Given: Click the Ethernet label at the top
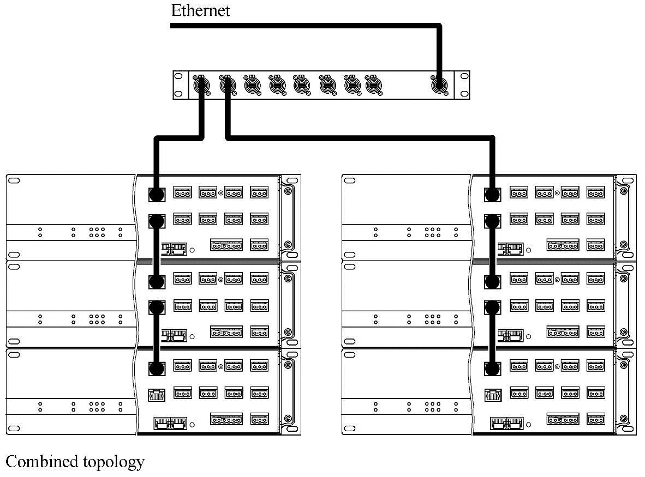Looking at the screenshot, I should pos(200,10).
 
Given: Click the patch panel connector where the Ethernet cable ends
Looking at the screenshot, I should pos(440,85).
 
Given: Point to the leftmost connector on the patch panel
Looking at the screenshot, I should pos(201,84).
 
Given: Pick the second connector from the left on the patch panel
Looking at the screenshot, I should pos(226,84).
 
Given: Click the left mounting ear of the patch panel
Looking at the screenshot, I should pos(180,84).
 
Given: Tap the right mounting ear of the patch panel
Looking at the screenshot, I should pos(462,84).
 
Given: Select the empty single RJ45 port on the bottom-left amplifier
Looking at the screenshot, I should pos(157,394).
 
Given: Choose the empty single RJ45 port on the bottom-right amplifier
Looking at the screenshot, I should pos(493,394).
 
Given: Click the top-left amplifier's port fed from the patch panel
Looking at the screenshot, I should pos(157,194).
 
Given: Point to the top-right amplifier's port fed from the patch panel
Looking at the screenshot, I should pos(493,194).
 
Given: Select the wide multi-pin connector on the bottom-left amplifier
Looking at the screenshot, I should pos(226,419).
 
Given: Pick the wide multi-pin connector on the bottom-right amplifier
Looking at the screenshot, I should pos(563,419).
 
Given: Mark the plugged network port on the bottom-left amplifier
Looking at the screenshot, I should pos(157,369).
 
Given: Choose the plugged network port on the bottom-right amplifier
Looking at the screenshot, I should pos(493,369).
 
